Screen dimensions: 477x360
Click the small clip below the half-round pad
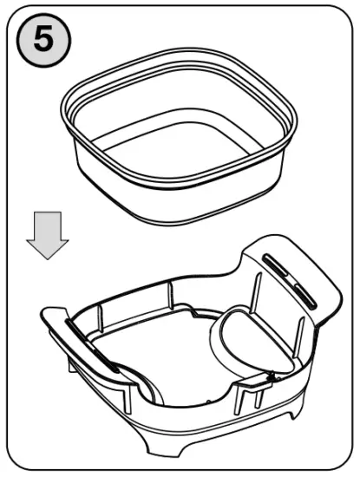[x=270, y=376]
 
